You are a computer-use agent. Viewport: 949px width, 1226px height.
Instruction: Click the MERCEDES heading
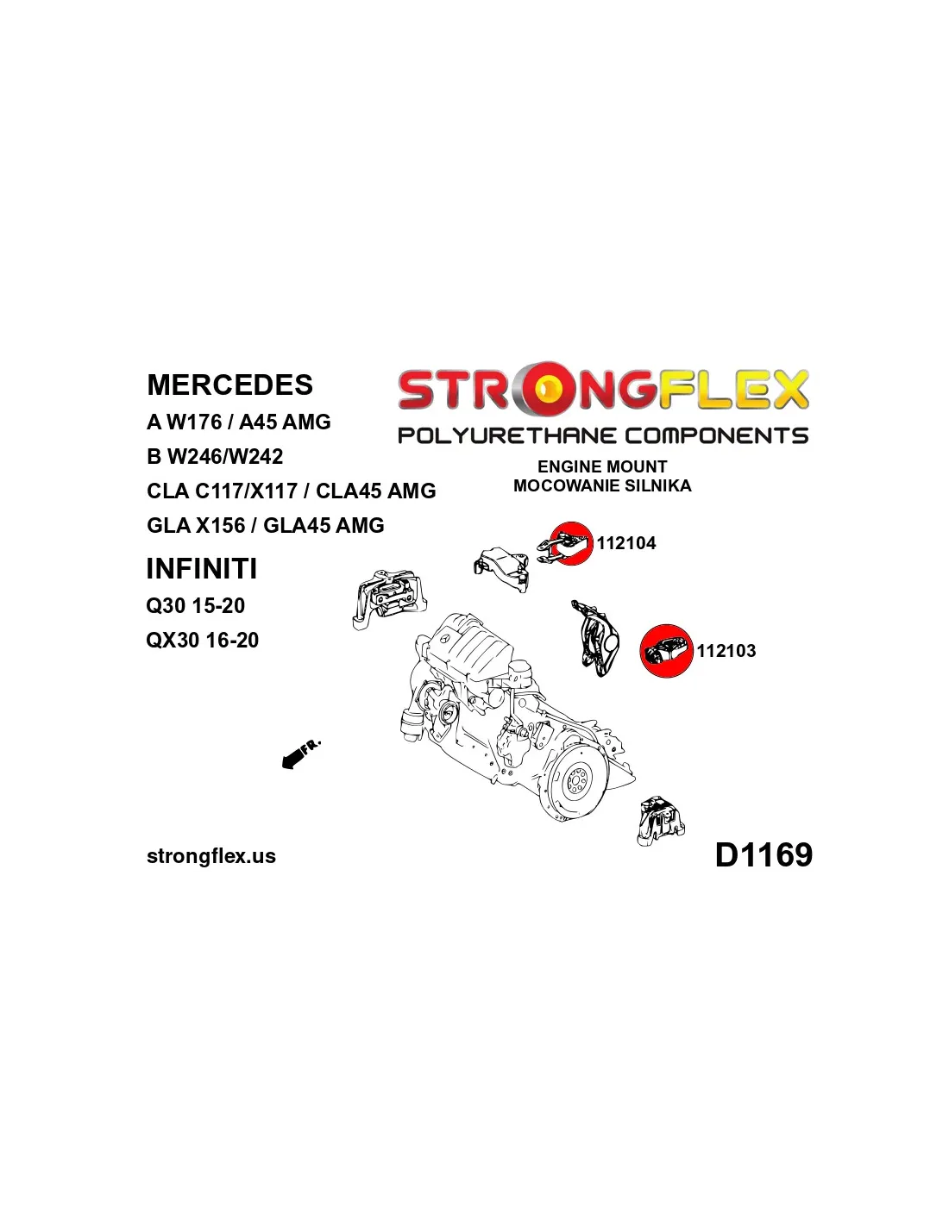[229, 385]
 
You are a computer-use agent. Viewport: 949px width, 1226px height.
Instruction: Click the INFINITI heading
[202, 569]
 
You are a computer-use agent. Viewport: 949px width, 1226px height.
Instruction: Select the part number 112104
[626, 543]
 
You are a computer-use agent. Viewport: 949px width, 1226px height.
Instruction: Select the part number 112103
[726, 651]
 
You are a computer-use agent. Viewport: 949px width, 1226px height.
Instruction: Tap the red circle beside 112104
[570, 544]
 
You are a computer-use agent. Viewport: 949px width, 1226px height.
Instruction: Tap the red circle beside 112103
[666, 651]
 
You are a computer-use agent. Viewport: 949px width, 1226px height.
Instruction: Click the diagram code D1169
[764, 854]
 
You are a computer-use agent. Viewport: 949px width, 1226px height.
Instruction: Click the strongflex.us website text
[211, 856]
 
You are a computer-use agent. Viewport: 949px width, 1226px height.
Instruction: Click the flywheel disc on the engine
[575, 787]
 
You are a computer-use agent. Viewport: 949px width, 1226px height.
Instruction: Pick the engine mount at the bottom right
[661, 822]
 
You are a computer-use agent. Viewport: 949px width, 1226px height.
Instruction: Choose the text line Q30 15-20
[196, 605]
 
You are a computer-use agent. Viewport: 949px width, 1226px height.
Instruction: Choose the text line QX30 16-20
[203, 640]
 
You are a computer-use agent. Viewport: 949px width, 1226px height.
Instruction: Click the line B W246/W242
[215, 456]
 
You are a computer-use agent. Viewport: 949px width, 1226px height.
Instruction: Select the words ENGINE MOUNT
[602, 466]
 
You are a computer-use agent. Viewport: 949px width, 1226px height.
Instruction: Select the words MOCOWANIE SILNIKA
[602, 485]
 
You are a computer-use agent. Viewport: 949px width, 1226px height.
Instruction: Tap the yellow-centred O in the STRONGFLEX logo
[544, 390]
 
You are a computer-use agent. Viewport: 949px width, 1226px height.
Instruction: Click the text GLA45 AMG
[324, 525]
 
